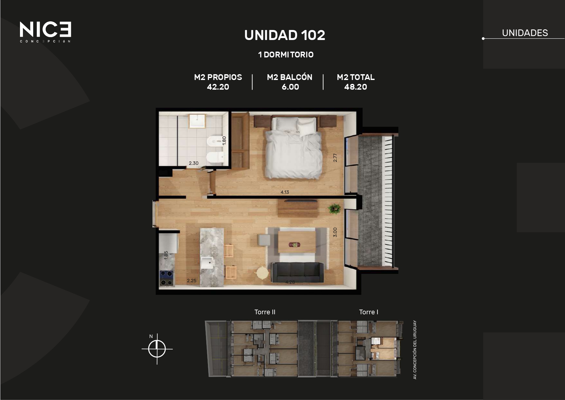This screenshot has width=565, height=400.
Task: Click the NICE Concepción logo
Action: (x=45, y=32)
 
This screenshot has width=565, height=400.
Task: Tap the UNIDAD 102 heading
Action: (x=285, y=35)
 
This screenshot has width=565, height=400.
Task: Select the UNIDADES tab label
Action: (x=525, y=33)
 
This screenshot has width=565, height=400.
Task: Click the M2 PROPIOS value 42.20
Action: (x=218, y=87)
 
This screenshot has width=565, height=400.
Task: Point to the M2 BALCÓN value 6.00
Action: (x=290, y=87)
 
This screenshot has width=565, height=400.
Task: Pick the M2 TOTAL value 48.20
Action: (x=356, y=87)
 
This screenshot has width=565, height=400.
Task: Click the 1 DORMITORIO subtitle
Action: (x=286, y=55)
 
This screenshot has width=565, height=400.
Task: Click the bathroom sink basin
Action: (x=197, y=121)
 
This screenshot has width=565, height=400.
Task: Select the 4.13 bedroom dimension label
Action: (x=285, y=192)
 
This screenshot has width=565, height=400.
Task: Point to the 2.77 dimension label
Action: (x=335, y=157)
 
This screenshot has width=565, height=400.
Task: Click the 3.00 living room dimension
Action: (x=335, y=232)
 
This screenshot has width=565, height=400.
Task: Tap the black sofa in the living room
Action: (x=297, y=273)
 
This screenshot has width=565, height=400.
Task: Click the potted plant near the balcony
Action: (x=334, y=209)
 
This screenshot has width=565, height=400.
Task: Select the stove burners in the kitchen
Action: (x=167, y=278)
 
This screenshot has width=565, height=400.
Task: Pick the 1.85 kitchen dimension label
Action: (x=166, y=255)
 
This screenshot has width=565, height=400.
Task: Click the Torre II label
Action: (x=265, y=312)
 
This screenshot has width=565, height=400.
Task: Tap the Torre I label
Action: (x=369, y=312)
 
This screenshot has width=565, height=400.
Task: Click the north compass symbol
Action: (x=157, y=349)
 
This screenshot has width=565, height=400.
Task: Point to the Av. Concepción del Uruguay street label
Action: (x=415, y=350)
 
